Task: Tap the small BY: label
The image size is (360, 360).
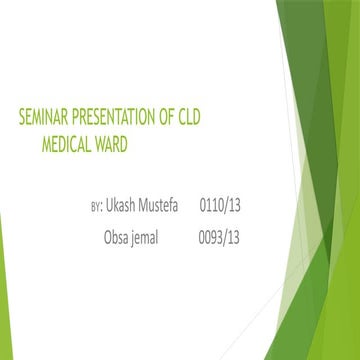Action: [96, 206]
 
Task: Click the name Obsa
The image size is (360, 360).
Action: [119, 238]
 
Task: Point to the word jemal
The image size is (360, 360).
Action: [157, 238]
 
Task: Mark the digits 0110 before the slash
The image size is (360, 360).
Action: [214, 205]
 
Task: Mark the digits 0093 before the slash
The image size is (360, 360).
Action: [214, 238]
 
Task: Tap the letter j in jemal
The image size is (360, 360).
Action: [142, 239]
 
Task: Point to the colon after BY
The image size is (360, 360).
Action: [102, 207]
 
